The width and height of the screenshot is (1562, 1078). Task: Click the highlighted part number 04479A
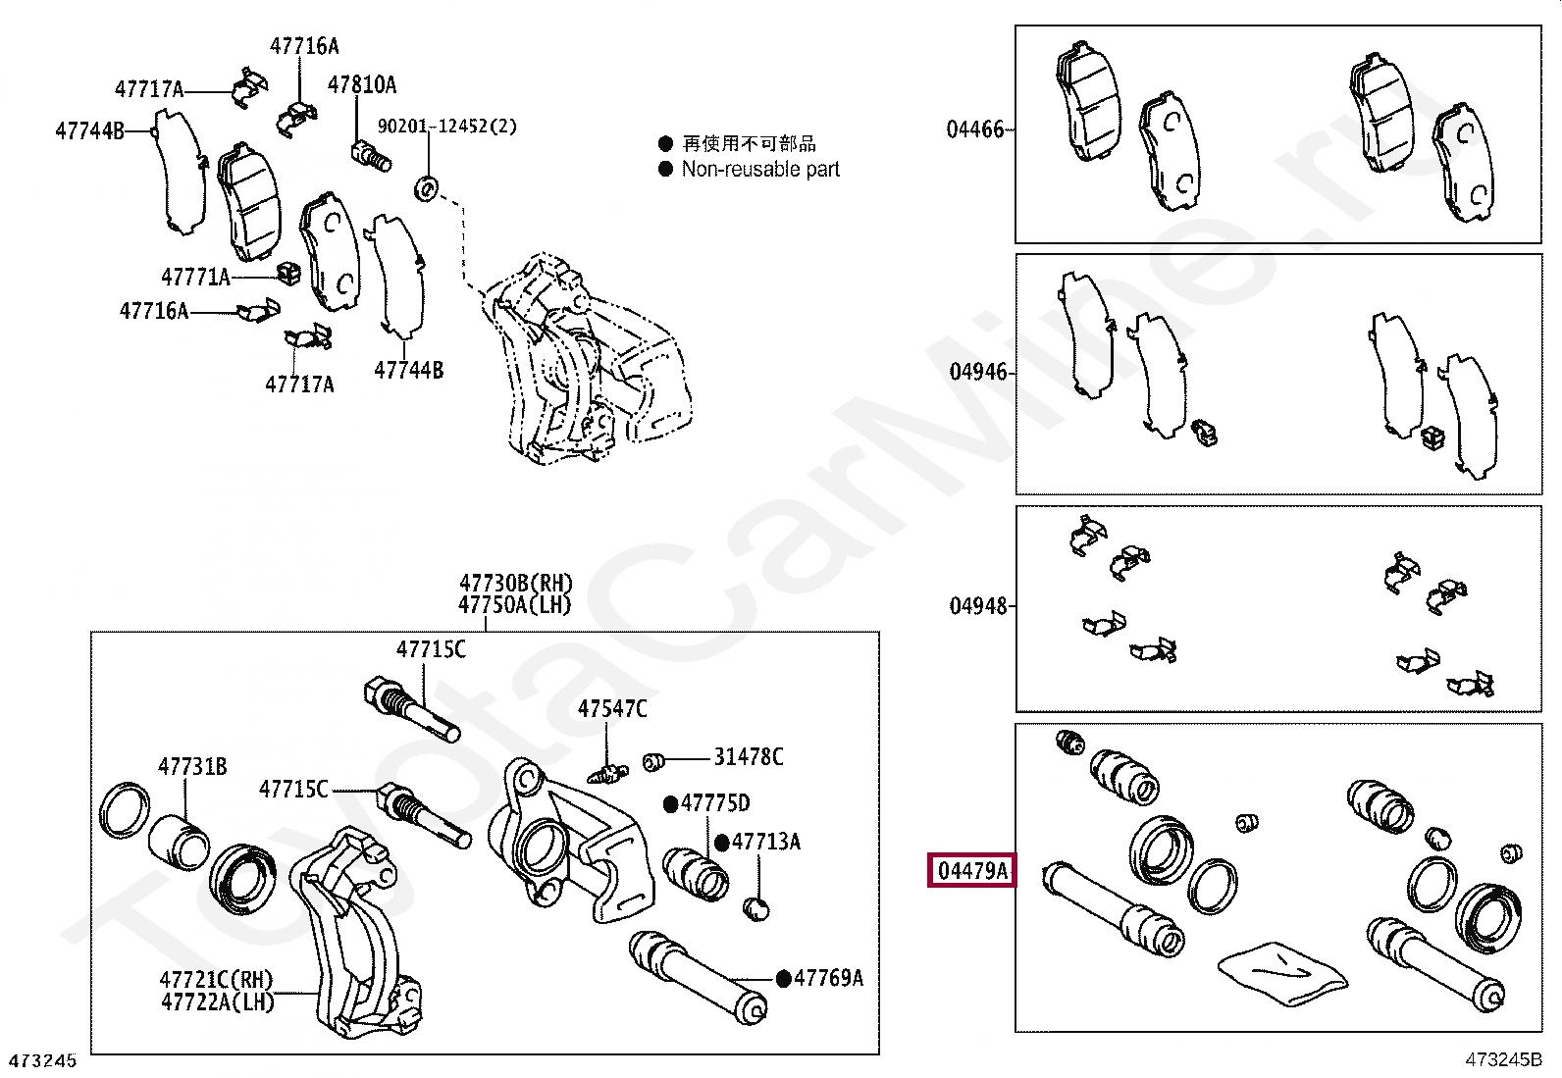[x=972, y=870]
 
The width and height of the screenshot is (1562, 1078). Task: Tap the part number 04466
[x=975, y=129]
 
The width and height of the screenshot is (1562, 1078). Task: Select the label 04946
[x=977, y=372]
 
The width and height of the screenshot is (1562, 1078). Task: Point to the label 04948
[x=978, y=606]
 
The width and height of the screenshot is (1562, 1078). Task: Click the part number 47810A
[x=362, y=85]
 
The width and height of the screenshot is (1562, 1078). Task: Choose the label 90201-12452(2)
[x=447, y=127]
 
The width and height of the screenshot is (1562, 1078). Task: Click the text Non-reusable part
[x=760, y=169]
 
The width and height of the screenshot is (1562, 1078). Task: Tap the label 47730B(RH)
[x=516, y=584]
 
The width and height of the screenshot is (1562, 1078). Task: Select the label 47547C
[x=612, y=708]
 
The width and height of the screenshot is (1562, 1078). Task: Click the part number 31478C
[x=749, y=756]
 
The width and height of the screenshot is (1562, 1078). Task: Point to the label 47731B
[x=192, y=766]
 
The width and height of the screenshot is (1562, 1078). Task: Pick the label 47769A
[x=828, y=978]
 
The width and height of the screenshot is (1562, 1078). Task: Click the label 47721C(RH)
[x=217, y=980]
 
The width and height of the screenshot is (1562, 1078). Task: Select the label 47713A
[x=766, y=842]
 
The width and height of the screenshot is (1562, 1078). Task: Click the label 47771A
[x=195, y=278]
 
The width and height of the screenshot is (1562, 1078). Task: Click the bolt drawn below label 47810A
[x=371, y=155]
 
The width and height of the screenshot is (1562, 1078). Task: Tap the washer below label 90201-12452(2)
[x=428, y=186]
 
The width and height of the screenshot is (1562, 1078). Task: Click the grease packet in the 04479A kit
[x=1281, y=971]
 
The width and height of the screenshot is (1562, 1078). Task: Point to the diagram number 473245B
[x=1503, y=1059]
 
